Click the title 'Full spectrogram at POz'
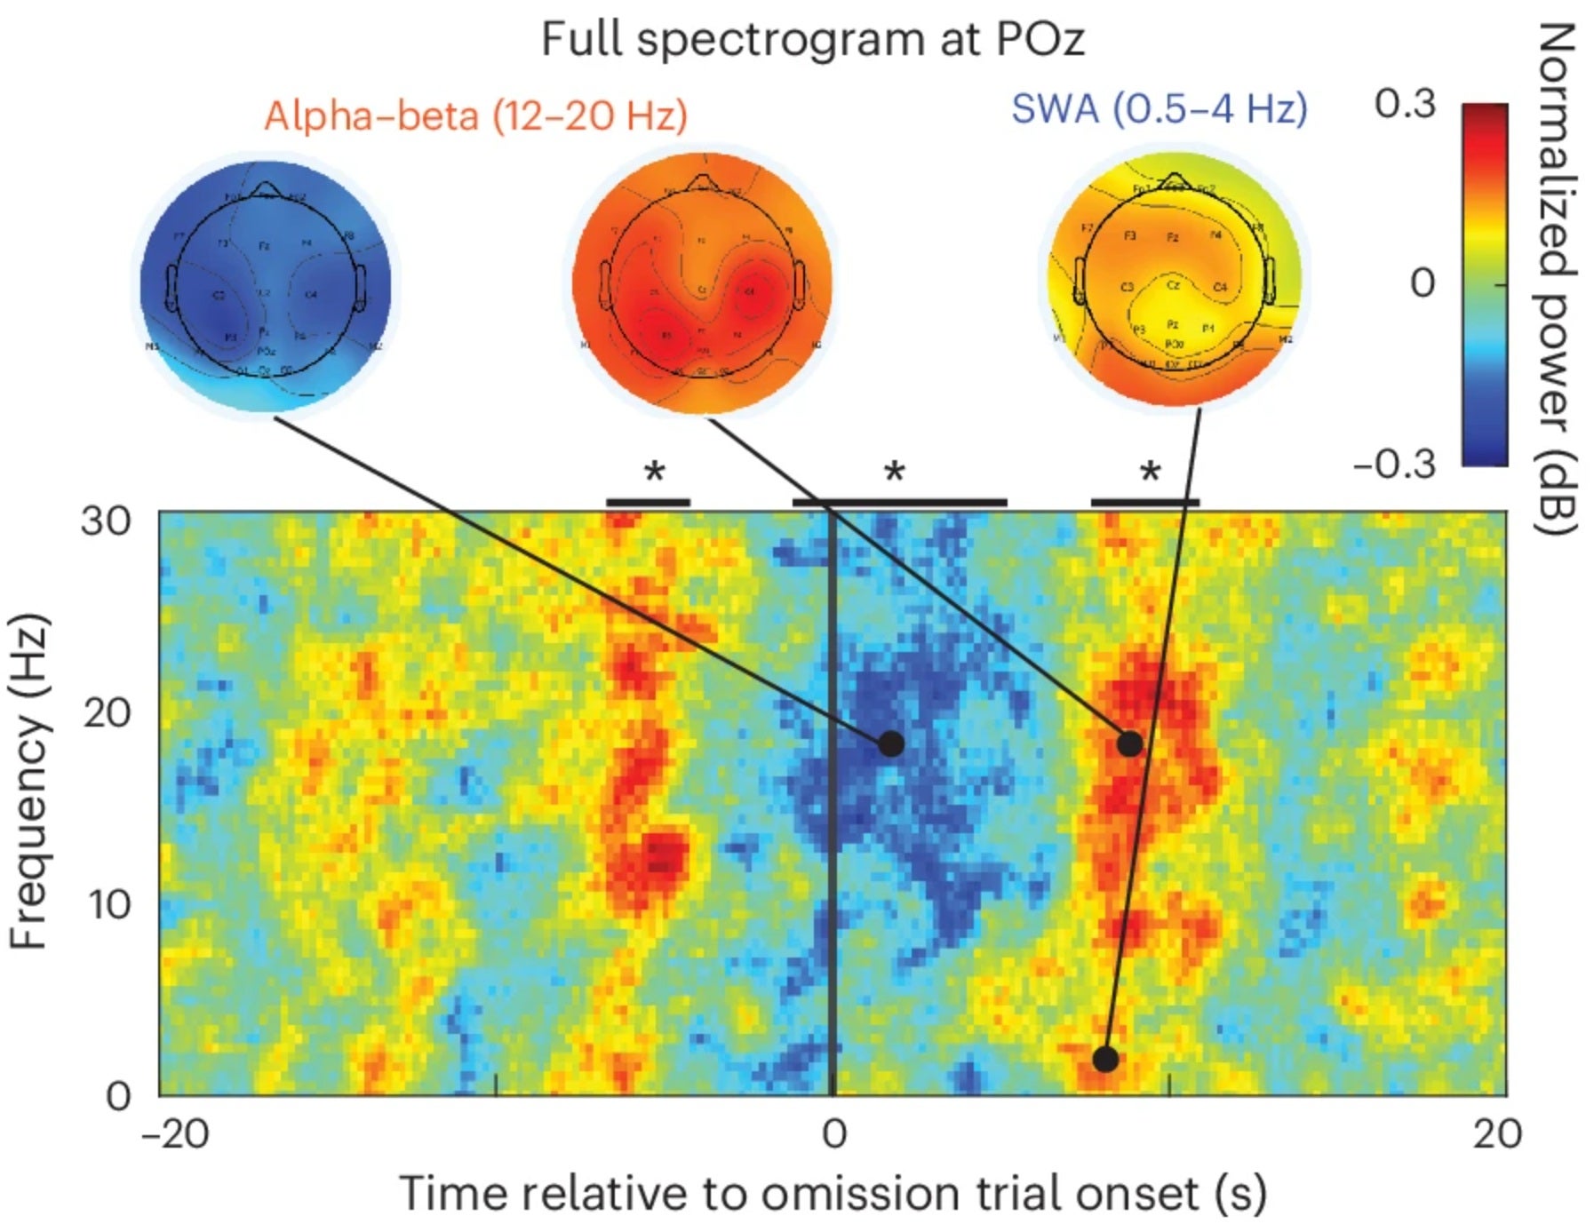812,40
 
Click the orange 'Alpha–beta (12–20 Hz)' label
475,115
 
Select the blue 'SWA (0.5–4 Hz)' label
1159,108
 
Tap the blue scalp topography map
266,282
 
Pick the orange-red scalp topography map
701,282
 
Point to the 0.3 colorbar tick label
1404,104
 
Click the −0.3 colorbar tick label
1393,464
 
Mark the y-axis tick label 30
106,521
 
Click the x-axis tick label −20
175,1134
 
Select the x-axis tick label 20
1496,1134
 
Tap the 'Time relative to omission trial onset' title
832,1193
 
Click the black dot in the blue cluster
890,743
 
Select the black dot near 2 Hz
1104,1059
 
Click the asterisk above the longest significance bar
894,472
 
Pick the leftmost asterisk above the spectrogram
654,472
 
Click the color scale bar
1484,284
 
